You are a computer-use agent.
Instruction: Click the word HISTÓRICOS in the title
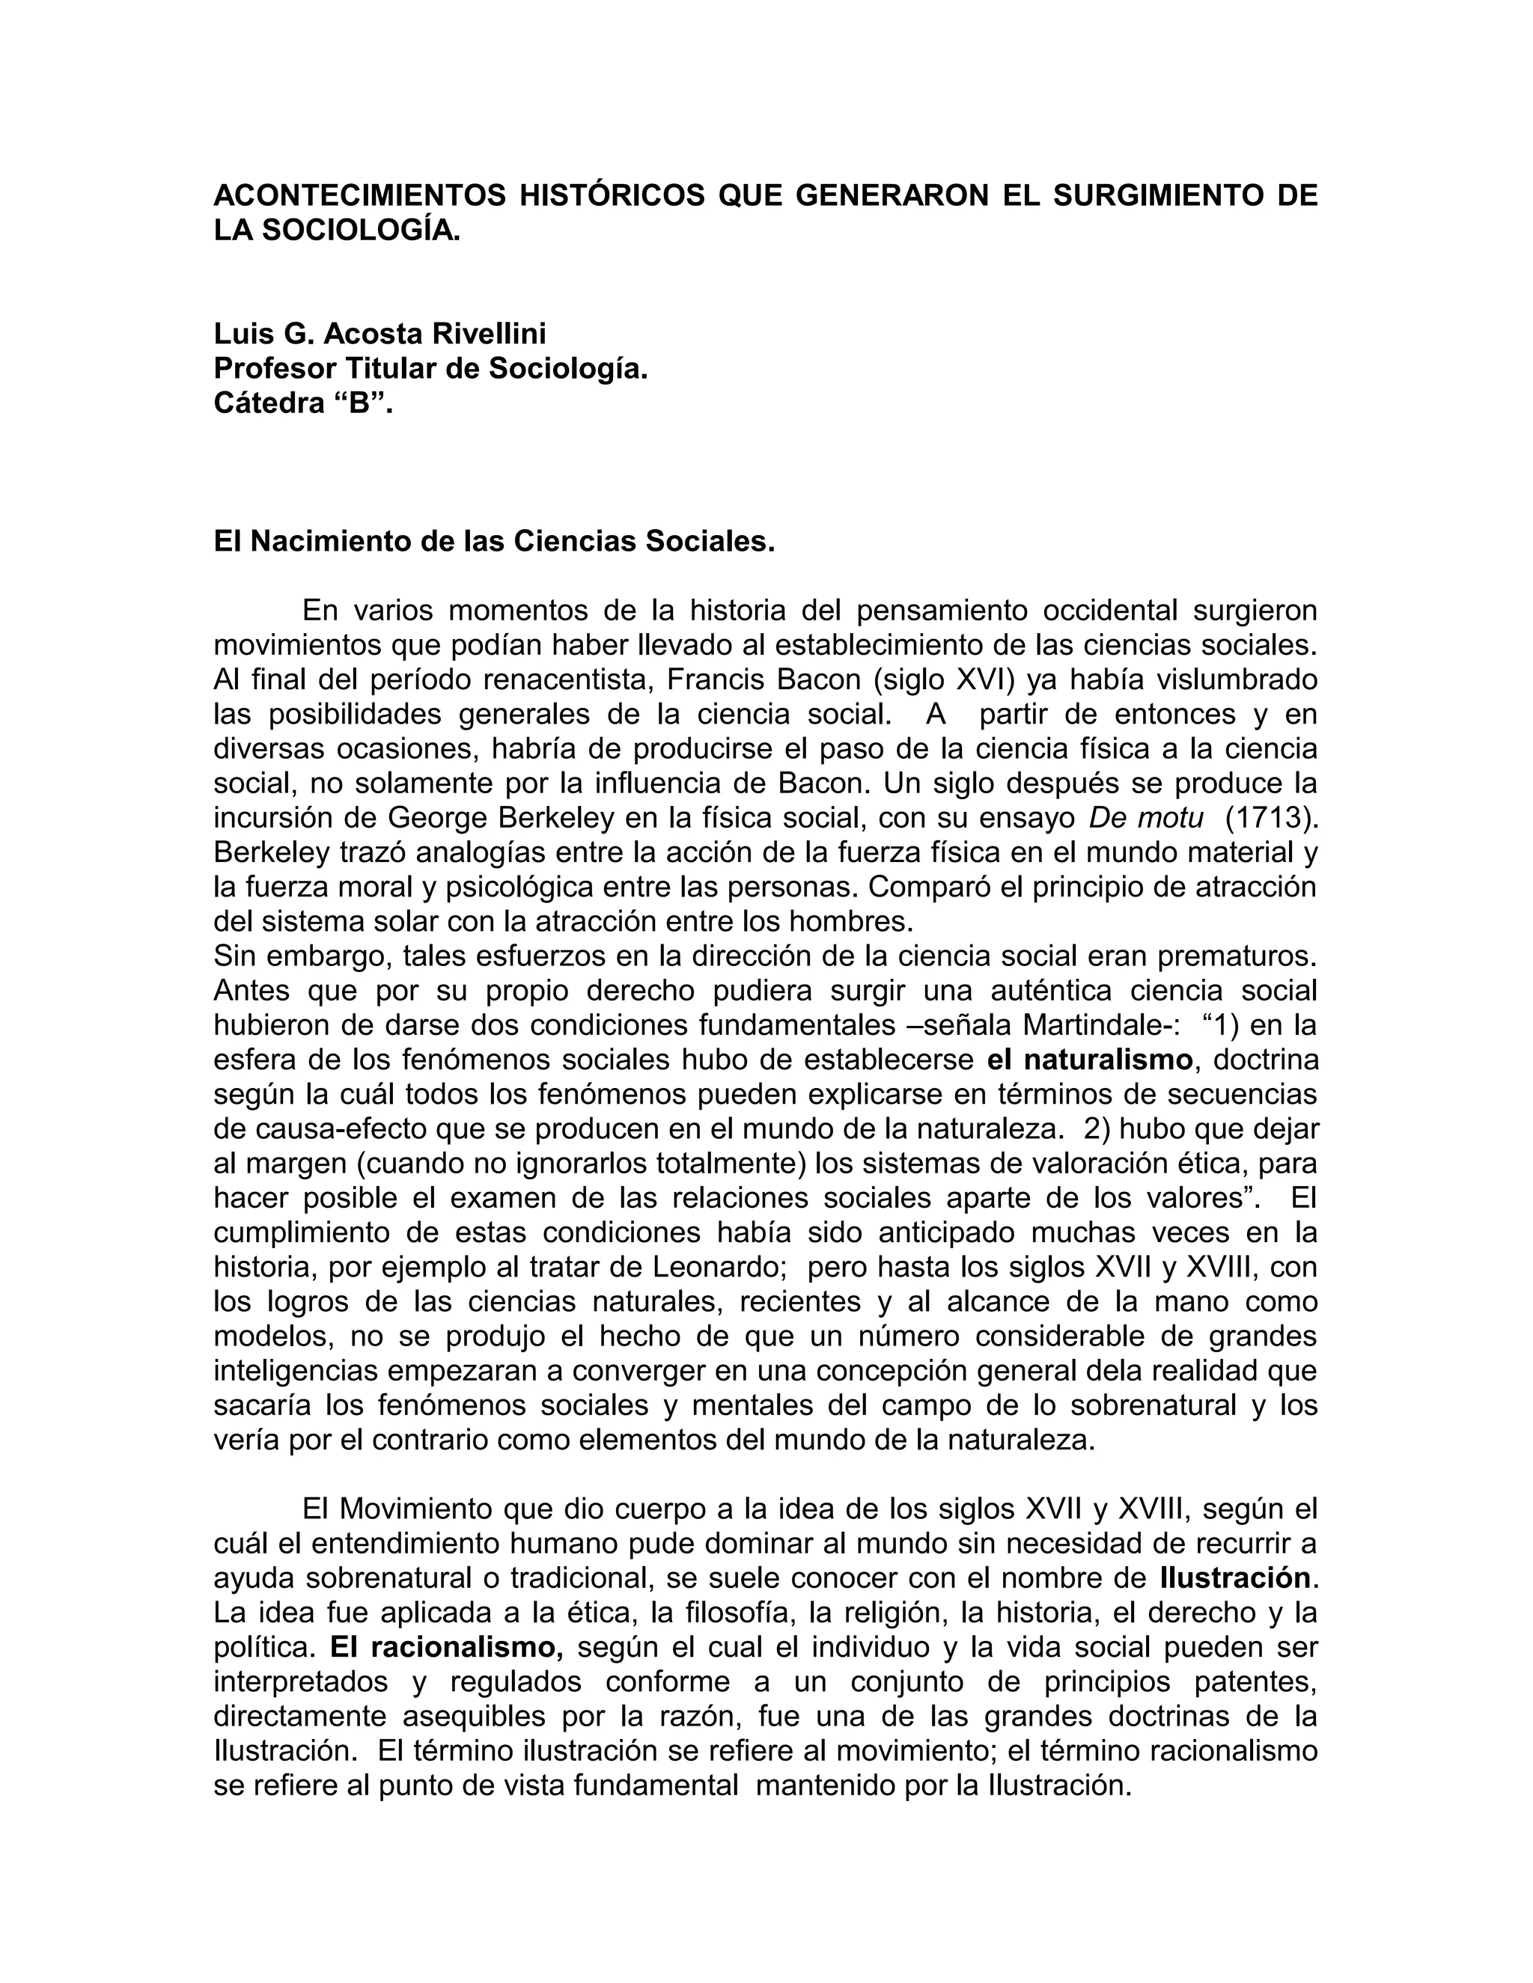click(x=612, y=195)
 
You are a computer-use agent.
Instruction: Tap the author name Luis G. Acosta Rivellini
click(x=380, y=334)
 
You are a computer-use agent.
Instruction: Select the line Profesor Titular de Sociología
click(x=430, y=369)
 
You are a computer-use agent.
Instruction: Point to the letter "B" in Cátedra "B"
click(x=361, y=403)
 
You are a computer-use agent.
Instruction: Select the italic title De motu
click(x=1146, y=817)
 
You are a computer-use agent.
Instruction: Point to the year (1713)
click(x=1270, y=817)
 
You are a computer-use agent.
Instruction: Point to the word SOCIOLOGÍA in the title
click(x=361, y=230)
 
